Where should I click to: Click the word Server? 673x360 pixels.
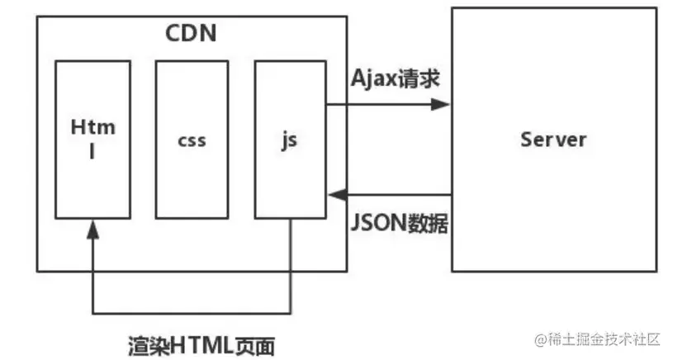[553, 138]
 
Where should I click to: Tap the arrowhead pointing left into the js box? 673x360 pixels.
[335, 195]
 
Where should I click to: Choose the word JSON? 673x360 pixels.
[379, 223]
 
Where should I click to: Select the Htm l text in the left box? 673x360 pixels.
[92, 139]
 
